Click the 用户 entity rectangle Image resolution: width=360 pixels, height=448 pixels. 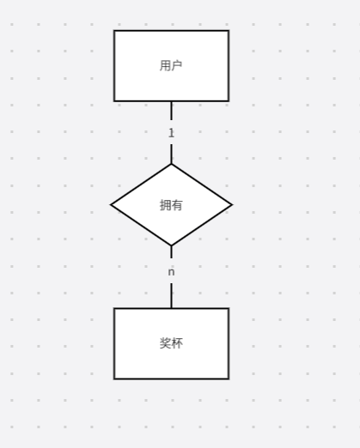point(171,66)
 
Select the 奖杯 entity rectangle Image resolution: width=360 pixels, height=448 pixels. point(171,343)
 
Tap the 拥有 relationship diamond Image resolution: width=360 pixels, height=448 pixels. point(171,205)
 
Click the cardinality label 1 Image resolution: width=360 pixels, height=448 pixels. point(171,133)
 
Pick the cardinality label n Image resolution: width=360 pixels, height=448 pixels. point(171,272)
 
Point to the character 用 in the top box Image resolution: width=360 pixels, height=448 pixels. point(165,65)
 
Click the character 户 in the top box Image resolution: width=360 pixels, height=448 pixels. point(177,65)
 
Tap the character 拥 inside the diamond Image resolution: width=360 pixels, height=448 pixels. point(165,205)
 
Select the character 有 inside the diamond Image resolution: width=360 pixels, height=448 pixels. point(177,205)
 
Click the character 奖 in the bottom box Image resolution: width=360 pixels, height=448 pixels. point(165,343)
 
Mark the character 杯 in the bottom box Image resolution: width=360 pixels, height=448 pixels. point(177,343)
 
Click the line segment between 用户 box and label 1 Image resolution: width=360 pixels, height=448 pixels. point(171,111)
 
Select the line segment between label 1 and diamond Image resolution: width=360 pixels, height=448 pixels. point(171,154)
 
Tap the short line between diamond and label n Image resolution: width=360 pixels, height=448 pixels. point(171,251)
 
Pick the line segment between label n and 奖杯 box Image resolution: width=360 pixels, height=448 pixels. point(171,295)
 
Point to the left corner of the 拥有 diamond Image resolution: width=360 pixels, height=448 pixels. point(111,205)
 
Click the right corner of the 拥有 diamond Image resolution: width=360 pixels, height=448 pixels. point(232,205)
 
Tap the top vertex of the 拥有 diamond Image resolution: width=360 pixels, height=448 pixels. point(171,164)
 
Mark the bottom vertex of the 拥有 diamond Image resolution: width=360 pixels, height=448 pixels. point(171,245)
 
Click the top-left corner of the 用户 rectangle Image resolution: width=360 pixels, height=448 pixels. point(114,30)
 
